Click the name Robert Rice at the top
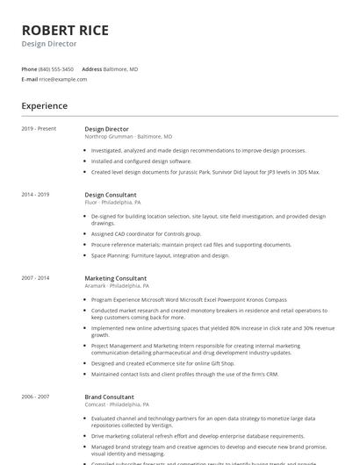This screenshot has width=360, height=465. coord(65,31)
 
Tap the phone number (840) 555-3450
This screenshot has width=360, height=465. coord(57,68)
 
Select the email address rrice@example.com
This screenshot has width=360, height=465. coord(63,79)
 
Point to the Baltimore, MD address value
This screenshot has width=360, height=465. coord(121,68)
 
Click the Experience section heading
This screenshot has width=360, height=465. coord(45,106)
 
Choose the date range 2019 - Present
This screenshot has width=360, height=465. coord(39,129)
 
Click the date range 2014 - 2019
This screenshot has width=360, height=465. coord(35,194)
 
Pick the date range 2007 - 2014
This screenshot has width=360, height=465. coord(35,278)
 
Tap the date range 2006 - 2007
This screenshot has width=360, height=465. coord(35,397)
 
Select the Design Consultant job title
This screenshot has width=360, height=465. coord(111,194)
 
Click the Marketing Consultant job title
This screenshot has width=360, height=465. coord(115,278)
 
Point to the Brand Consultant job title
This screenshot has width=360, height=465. coord(109,397)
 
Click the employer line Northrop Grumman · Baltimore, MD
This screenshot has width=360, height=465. coord(128,137)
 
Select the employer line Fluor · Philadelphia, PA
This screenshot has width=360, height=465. coord(112,202)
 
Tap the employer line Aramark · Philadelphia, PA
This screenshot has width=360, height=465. coord(117,286)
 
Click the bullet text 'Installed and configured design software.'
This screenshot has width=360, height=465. coord(141,161)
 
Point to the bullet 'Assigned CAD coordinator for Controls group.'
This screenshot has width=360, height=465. coord(146,234)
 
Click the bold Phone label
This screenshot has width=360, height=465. coord(29,68)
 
